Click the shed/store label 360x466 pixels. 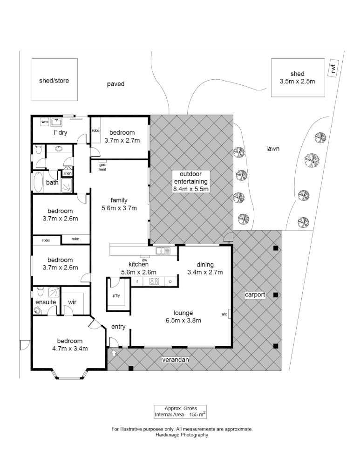54,81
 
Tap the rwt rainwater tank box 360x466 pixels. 333,69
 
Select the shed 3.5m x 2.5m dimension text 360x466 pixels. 297,81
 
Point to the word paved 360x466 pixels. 116,84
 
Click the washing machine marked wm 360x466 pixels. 45,122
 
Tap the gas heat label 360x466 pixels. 102,167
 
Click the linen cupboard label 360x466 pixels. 68,173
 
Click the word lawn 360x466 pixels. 272,149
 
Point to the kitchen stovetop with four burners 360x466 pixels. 154,281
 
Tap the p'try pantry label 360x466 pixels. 116,296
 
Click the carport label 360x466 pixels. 254,295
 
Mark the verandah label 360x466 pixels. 176,360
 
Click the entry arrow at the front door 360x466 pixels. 114,353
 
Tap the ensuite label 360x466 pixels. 46,302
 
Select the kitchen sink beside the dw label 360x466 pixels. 163,251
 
